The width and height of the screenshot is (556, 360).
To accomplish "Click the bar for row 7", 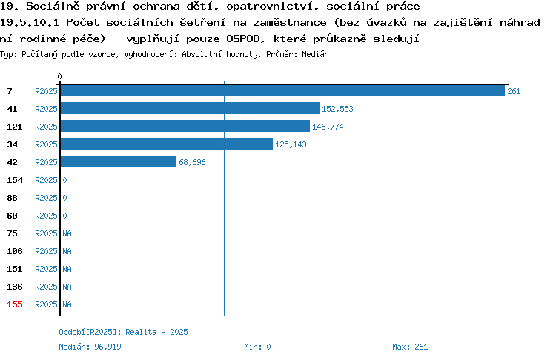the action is tap(282, 90).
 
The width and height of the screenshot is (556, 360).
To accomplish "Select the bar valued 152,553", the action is tap(190, 108).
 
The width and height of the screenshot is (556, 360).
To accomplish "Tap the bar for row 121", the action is tap(185, 126).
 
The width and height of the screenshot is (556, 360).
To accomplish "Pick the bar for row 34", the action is tap(167, 144).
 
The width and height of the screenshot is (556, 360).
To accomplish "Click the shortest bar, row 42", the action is tap(119, 161).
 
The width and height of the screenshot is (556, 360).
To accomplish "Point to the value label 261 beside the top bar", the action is tap(514, 91).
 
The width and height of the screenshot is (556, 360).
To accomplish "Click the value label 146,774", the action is tap(328, 127).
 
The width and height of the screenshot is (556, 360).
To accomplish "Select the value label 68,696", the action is tap(192, 162).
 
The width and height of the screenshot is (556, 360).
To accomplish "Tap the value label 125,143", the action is tap(291, 144).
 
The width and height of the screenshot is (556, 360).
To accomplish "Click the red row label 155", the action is tap(15, 304).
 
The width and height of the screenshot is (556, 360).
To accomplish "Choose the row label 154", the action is tap(15, 180).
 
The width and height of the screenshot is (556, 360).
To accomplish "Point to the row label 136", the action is tap(15, 287).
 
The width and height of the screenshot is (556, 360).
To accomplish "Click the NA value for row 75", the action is tap(67, 233).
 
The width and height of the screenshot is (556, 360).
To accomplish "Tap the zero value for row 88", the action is tap(65, 198).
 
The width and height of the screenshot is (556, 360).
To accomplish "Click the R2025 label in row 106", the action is tap(46, 251).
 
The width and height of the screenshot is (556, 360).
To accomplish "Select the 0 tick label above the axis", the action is tap(59, 76).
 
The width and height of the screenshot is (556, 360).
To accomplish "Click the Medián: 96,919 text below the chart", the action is tap(90, 347).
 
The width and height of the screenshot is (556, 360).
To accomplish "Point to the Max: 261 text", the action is tap(410, 347).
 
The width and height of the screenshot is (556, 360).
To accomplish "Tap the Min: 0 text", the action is tap(257, 347).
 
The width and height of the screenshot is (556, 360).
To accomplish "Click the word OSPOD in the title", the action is tap(243, 39).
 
